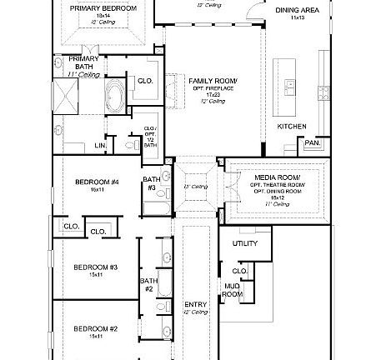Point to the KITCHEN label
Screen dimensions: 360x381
292,127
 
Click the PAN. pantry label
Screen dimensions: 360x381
313,142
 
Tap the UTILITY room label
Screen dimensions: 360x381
245,243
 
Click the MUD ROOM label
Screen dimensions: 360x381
233,290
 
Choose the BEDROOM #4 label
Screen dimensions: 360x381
97,182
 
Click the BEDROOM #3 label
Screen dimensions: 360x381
95,267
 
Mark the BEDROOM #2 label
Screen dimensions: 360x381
95,328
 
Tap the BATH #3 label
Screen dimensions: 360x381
151,183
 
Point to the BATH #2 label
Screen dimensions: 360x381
148,284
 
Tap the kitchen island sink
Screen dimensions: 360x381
291,85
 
